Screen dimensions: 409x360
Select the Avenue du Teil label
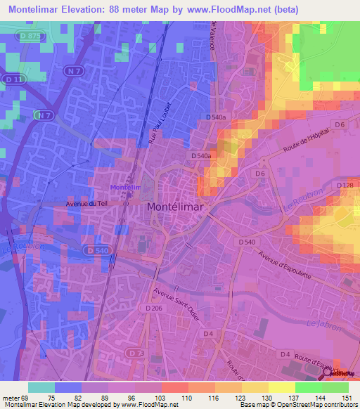point(84,204)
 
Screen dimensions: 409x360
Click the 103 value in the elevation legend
point(160,398)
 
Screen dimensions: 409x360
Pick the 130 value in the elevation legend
point(267,398)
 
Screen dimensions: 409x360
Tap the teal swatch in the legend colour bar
point(41,387)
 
